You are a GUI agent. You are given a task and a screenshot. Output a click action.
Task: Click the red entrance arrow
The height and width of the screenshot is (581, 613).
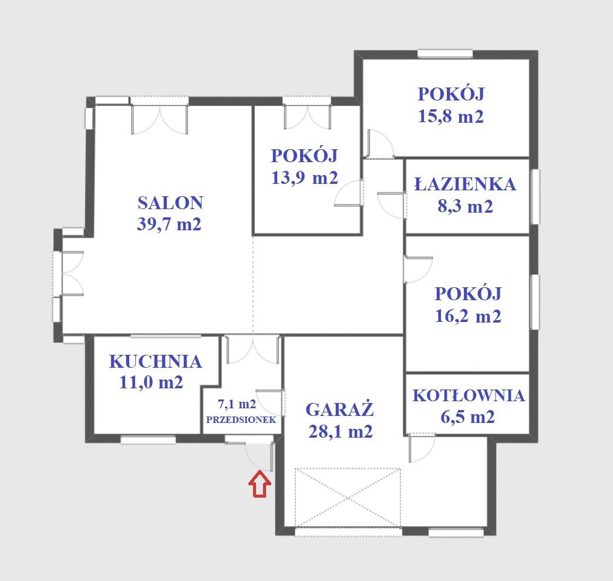coord(260,484)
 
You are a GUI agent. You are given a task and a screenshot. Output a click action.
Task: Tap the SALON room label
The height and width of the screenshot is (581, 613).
coord(170,203)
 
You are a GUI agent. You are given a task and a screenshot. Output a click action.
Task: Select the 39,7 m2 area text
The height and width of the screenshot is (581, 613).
coord(169,224)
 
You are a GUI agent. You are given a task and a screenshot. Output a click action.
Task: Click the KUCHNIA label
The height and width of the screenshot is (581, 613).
coord(156,362)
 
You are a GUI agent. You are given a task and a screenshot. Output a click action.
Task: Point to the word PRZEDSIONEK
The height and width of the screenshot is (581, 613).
coord(241,420)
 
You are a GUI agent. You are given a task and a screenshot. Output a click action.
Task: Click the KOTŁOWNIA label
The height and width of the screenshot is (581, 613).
coord(469,395)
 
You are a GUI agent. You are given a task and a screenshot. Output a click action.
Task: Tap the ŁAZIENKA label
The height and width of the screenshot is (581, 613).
coord(465,184)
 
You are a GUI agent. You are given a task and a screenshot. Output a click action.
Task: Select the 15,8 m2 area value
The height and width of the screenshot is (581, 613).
coord(451,116)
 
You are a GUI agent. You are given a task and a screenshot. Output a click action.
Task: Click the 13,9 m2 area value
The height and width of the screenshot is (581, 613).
coord(305,177)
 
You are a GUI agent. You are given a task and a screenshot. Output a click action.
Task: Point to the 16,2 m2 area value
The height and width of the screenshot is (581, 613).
coord(468,315)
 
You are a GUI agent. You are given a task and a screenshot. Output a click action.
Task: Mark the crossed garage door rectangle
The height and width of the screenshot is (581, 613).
coord(348,498)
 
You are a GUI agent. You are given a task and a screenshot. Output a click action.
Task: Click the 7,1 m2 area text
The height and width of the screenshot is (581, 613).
coord(237,404)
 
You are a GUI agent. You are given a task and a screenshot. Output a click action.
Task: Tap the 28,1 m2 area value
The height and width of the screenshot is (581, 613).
coord(341,432)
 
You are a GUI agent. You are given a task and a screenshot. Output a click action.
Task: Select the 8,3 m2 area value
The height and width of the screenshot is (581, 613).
coord(465,206)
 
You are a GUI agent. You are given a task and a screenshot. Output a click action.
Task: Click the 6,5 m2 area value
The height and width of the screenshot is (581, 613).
coord(467,417)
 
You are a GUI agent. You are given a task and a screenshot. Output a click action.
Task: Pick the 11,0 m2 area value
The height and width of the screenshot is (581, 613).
coord(151,382)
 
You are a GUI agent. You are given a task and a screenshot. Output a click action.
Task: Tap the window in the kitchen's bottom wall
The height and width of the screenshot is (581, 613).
coord(148,440)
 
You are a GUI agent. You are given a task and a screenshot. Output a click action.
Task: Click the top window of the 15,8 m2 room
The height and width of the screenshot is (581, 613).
coord(445,54)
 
